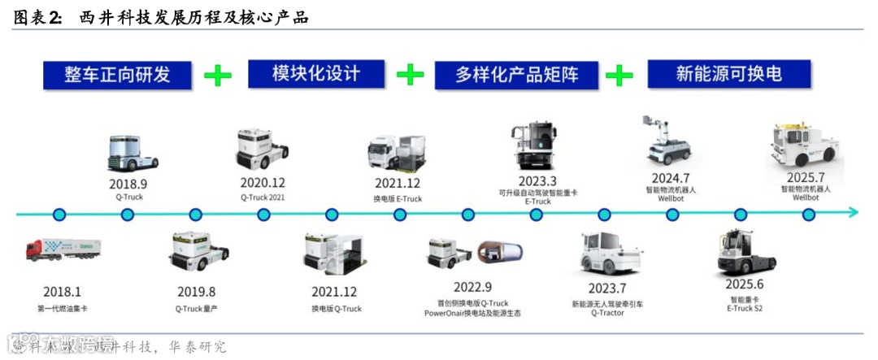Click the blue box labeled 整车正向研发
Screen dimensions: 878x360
117,75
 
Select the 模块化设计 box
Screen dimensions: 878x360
315,74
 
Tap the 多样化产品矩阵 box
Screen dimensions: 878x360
517,75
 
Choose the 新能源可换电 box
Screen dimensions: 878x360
729,74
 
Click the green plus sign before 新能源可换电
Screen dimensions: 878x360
619,76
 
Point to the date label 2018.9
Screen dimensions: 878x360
127,184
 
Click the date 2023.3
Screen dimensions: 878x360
537,180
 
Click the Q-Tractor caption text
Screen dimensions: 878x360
607,313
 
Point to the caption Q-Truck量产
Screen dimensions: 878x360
195,308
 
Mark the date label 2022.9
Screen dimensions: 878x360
472,286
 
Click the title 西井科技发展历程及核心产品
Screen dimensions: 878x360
193,17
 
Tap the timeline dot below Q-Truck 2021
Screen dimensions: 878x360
263,215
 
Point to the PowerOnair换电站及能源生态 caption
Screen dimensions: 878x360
472,313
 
